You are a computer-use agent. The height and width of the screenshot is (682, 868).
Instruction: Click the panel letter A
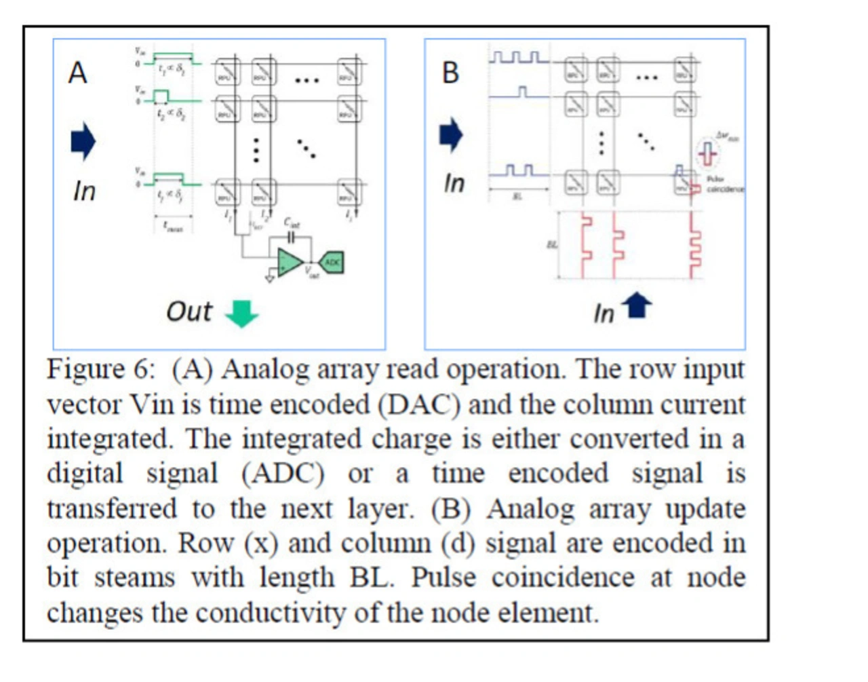[78, 72]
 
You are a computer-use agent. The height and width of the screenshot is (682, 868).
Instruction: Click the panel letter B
[450, 72]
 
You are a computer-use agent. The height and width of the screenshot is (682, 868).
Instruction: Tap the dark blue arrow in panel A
[83, 141]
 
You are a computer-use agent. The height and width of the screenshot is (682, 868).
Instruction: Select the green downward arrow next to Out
[241, 313]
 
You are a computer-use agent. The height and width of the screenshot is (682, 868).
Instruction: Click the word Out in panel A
[189, 311]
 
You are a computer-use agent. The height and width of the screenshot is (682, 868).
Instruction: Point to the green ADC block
[332, 261]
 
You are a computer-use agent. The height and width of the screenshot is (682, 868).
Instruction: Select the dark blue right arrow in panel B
[451, 134]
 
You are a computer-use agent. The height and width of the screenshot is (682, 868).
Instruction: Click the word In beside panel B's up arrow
[604, 314]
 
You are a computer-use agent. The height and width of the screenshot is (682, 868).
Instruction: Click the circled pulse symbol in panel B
[708, 153]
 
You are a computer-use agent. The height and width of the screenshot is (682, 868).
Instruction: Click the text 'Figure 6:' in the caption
[101, 370]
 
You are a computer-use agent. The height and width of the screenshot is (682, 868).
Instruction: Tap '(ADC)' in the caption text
[283, 474]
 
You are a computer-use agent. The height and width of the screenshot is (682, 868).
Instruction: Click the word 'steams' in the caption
[134, 577]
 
